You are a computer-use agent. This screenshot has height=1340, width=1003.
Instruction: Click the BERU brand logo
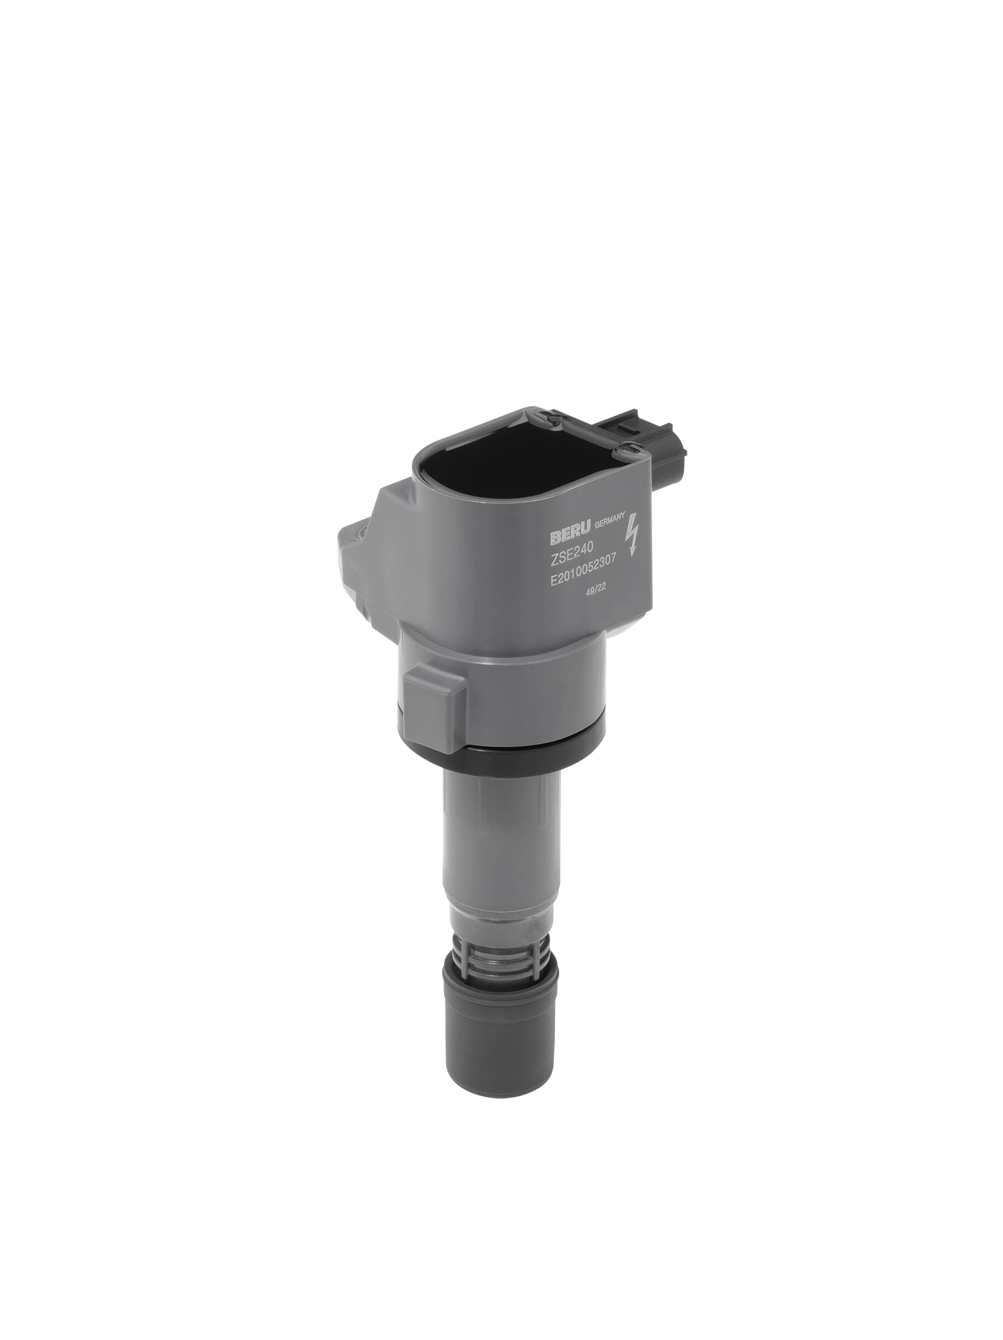click(571, 534)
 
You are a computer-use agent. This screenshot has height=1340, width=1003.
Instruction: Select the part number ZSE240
click(572, 554)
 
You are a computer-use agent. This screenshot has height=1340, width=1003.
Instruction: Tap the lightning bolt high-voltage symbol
click(632, 533)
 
